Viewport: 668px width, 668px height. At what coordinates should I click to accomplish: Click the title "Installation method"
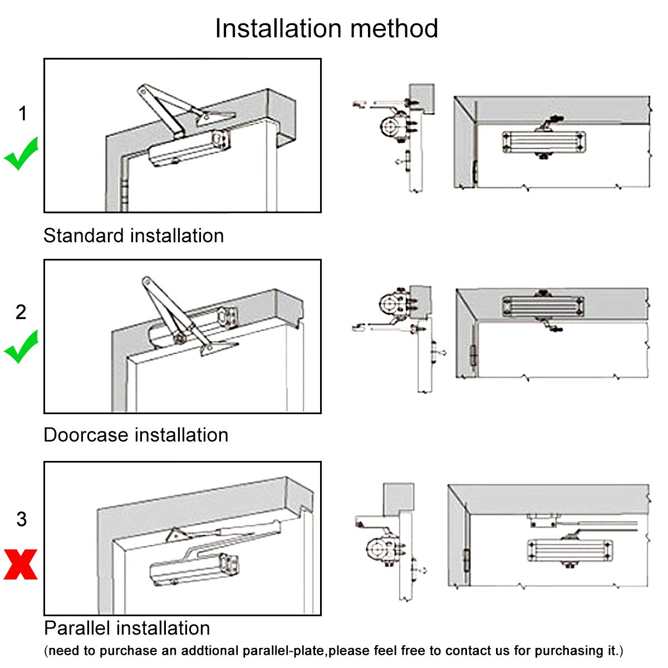(x=326, y=28)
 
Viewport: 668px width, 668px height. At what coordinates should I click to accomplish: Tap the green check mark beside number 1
(x=21, y=154)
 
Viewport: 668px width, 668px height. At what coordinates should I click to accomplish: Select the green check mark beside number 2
(x=21, y=346)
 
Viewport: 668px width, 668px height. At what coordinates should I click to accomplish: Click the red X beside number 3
(x=21, y=564)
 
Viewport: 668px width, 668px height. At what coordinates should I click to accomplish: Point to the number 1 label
(x=22, y=114)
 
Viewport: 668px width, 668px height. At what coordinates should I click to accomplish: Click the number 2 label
(x=21, y=312)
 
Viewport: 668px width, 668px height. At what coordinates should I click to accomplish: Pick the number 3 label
(x=21, y=519)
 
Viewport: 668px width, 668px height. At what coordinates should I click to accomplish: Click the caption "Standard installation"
(x=134, y=235)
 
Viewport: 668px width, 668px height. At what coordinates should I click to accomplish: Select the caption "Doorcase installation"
(x=136, y=435)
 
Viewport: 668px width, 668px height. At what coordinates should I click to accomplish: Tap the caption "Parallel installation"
(x=127, y=628)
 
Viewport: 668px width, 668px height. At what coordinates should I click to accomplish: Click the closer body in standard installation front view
(x=544, y=142)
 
